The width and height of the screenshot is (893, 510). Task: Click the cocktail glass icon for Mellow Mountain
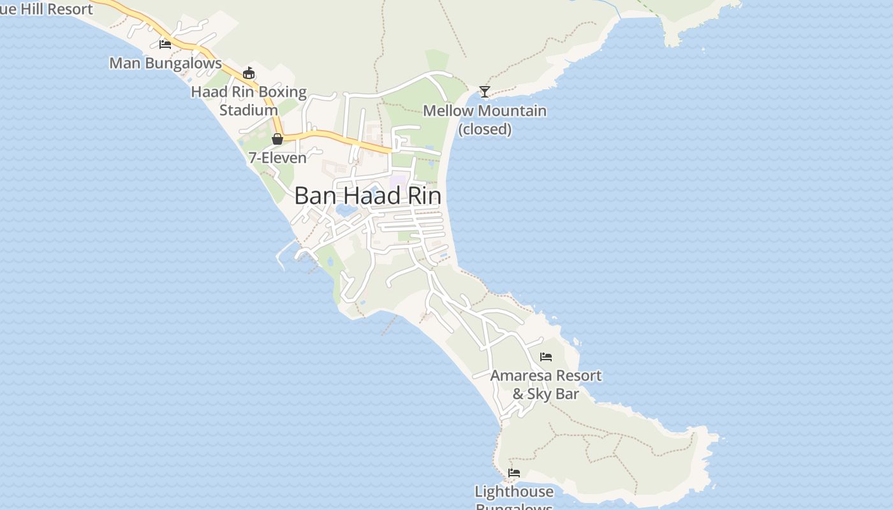point(485,92)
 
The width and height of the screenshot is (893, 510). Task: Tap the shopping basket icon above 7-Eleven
point(277,138)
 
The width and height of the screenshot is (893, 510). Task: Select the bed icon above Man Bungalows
point(165,44)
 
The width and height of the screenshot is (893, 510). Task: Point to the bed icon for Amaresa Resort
point(546,357)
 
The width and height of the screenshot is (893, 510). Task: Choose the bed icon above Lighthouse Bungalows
point(514,473)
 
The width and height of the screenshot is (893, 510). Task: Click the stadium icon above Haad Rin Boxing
point(249,73)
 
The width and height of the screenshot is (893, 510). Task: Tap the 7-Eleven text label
point(277,157)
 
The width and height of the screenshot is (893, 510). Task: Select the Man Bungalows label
point(165,63)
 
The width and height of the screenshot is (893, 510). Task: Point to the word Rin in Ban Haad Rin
point(425,196)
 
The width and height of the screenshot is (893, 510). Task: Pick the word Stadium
point(249,110)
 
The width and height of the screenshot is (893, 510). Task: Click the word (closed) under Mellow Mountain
point(485,129)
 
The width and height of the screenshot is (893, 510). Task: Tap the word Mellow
point(448,111)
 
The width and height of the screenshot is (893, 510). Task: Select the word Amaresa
point(520,375)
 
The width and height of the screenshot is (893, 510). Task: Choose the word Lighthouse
point(514,492)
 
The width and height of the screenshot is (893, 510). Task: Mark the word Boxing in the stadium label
point(284,92)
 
